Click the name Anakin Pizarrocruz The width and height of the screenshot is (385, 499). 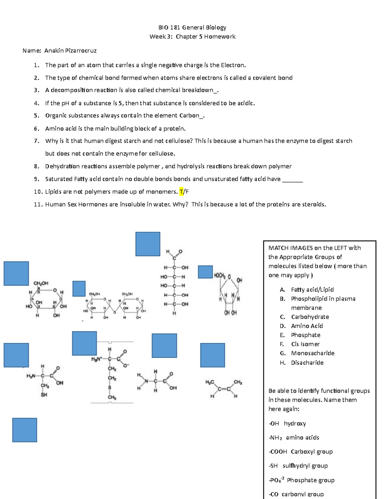[x=70, y=50]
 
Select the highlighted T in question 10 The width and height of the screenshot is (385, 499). [x=182, y=192]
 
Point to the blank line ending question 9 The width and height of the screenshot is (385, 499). [x=292, y=179]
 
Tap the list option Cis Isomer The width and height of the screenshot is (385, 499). [x=305, y=344]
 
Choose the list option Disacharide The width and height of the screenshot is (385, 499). [x=307, y=362]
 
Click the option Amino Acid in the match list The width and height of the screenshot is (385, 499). [x=307, y=326]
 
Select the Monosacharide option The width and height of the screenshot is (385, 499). [x=312, y=353]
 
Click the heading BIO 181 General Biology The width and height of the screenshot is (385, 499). [x=192, y=27]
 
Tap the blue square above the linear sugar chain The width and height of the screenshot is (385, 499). [x=148, y=244]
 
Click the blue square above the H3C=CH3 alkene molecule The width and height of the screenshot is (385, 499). [x=212, y=355]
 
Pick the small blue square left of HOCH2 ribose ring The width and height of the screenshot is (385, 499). [x=205, y=272]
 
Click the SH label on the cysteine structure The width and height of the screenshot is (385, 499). [x=44, y=395]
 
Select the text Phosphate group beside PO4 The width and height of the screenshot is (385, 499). [x=310, y=480]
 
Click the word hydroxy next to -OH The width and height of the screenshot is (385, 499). [x=295, y=423]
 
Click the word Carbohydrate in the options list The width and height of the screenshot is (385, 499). [x=310, y=317]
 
